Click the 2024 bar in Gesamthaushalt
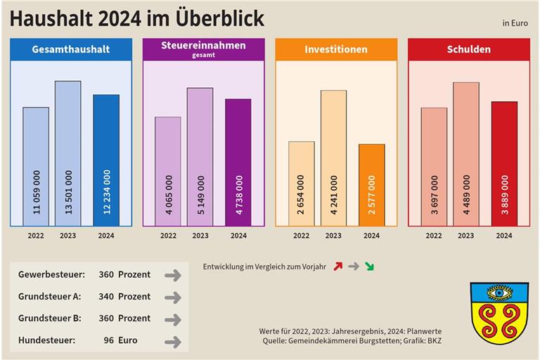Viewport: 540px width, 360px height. coord(106,160)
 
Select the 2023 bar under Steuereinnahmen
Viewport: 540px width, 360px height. coord(200,157)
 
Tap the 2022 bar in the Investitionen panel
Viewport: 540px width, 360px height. coord(301,184)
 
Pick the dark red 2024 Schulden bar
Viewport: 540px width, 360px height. coord(504,164)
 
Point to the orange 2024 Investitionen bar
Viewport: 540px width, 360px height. coord(371,185)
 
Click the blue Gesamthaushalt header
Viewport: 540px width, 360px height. coord(70,49)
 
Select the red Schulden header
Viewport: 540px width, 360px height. coord(469,49)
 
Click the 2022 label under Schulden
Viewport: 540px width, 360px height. coord(434,236)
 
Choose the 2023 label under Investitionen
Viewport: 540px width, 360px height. coord(333,236)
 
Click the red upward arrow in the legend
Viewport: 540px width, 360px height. coord(337,266)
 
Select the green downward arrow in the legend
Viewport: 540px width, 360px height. coord(370,266)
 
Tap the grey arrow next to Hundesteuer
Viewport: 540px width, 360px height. coord(172,342)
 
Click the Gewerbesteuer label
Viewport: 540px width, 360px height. coord(53,275)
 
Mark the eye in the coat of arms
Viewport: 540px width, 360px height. coord(499,292)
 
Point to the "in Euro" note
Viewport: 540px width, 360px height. coord(515,23)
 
